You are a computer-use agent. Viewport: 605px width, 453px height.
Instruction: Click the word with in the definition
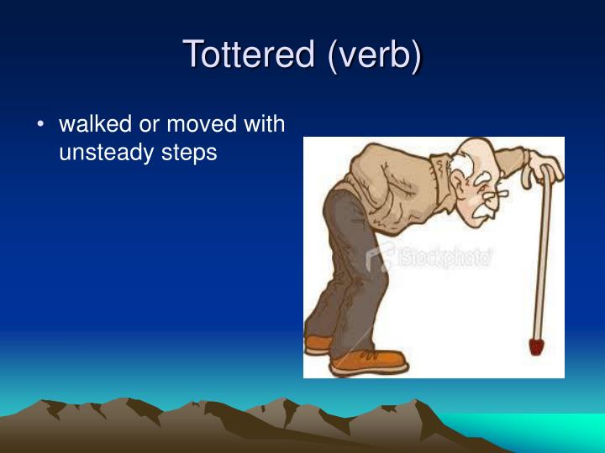[x=264, y=125]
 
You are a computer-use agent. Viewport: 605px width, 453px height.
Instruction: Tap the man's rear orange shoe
[x=320, y=342]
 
